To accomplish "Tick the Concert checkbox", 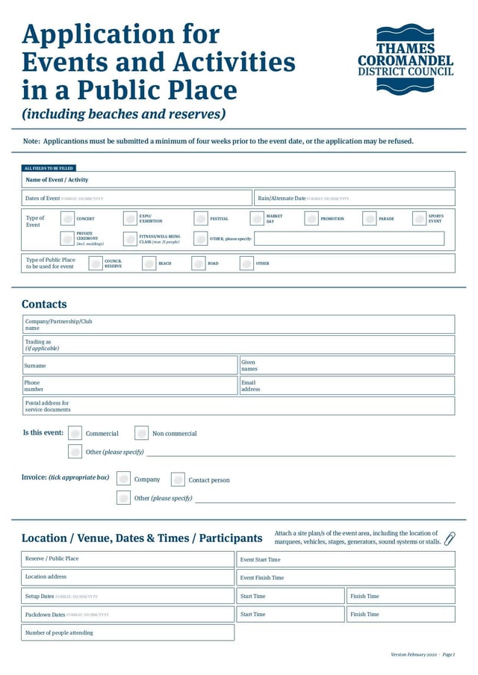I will click(x=67, y=219).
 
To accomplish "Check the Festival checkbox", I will click(x=201, y=219).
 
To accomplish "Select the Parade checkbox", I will click(x=370, y=219).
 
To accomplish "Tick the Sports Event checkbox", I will click(x=420, y=219).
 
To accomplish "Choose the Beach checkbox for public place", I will click(x=149, y=264).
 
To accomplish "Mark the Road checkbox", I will click(x=199, y=264).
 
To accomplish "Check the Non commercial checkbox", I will click(x=142, y=433).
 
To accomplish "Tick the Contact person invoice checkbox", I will click(x=178, y=479).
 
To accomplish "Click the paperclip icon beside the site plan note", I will click(x=450, y=538).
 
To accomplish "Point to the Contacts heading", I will click(x=44, y=304).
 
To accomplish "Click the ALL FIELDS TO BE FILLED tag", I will click(x=49, y=168).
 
